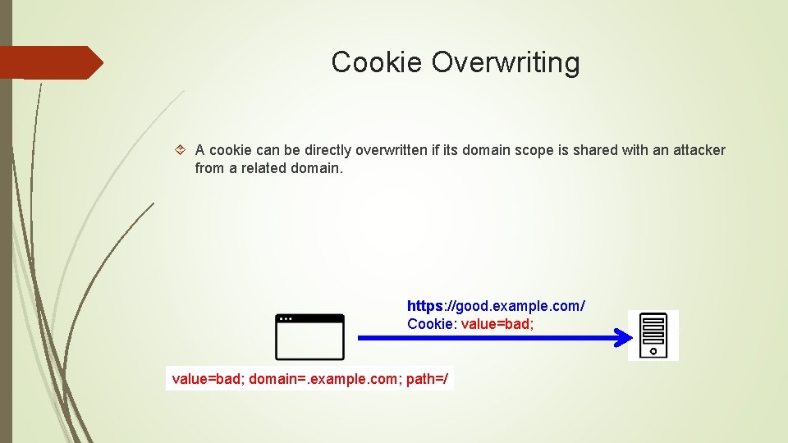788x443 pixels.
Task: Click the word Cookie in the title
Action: [378, 62]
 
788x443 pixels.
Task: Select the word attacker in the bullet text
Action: [699, 150]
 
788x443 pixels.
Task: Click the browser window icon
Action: [309, 337]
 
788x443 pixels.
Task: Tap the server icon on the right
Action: [653, 336]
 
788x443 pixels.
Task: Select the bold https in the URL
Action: [424, 306]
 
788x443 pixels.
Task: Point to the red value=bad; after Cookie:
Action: [497, 324]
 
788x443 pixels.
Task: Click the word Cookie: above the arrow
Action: [432, 324]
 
